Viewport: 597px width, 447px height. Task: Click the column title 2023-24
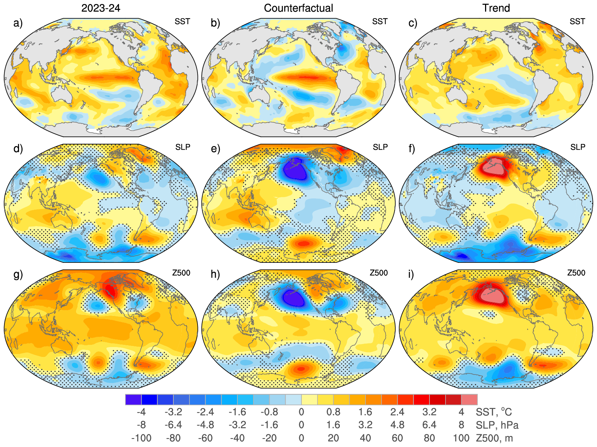101,8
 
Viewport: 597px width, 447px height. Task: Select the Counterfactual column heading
298,8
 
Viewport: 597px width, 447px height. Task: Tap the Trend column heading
496,8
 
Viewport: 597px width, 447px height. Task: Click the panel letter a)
18,23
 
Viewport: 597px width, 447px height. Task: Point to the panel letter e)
216,149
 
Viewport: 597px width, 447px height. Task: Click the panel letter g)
18,274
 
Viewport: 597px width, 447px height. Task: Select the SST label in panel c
577,22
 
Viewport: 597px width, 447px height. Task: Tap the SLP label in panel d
183,147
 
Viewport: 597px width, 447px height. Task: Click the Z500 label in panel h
379,273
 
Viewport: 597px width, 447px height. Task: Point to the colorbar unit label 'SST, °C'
493,412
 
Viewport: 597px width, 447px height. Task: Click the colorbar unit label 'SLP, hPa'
497,425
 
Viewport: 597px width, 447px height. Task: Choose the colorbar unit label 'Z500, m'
494,438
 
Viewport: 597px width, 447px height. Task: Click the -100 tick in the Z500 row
141,438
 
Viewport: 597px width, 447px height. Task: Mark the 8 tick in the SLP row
461,425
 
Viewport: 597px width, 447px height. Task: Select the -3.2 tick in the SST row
173,412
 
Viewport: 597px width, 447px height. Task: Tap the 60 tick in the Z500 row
397,438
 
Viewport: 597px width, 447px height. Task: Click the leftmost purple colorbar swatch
133,399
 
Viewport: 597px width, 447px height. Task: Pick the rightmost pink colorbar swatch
469,399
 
